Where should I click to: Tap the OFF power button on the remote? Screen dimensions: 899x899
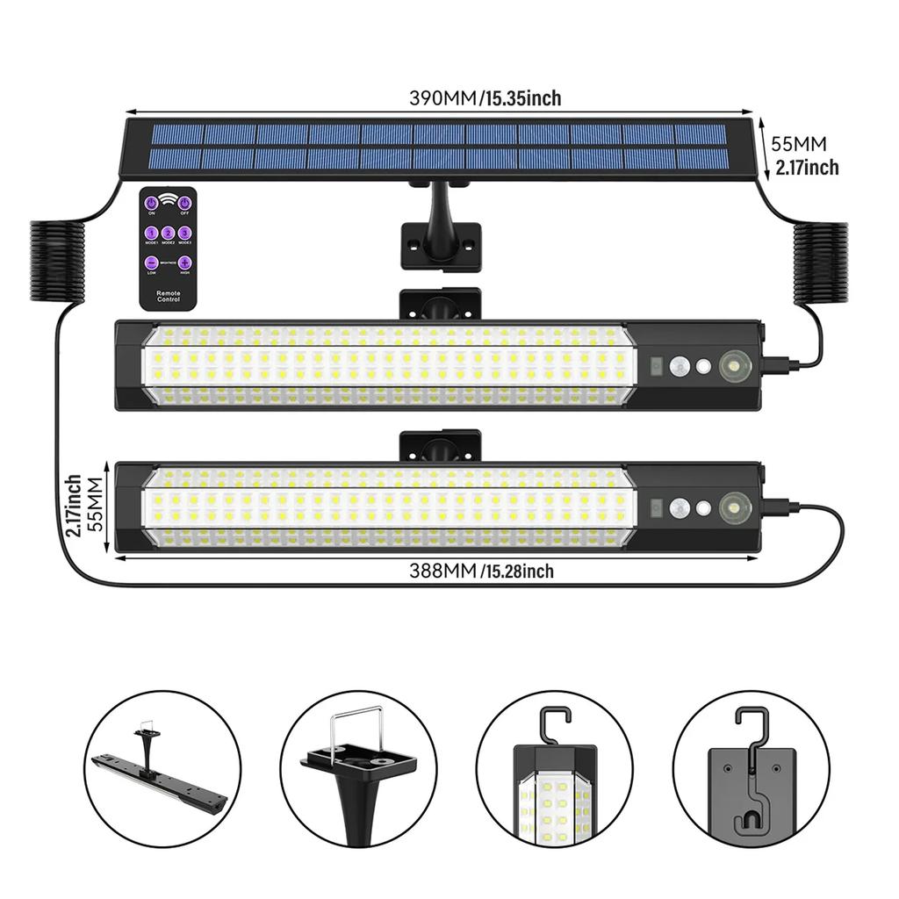(185, 204)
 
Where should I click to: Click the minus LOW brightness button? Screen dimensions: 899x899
(151, 263)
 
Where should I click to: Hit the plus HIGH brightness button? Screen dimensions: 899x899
(185, 263)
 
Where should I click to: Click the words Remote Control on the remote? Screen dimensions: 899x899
(168, 295)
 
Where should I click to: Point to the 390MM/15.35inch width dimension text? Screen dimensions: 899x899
(485, 98)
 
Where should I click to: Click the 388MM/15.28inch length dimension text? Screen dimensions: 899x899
(481, 572)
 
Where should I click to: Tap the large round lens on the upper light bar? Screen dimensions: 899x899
(731, 366)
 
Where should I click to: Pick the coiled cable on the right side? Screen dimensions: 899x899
(821, 263)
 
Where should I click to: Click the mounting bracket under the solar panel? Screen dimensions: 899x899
(441, 237)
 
